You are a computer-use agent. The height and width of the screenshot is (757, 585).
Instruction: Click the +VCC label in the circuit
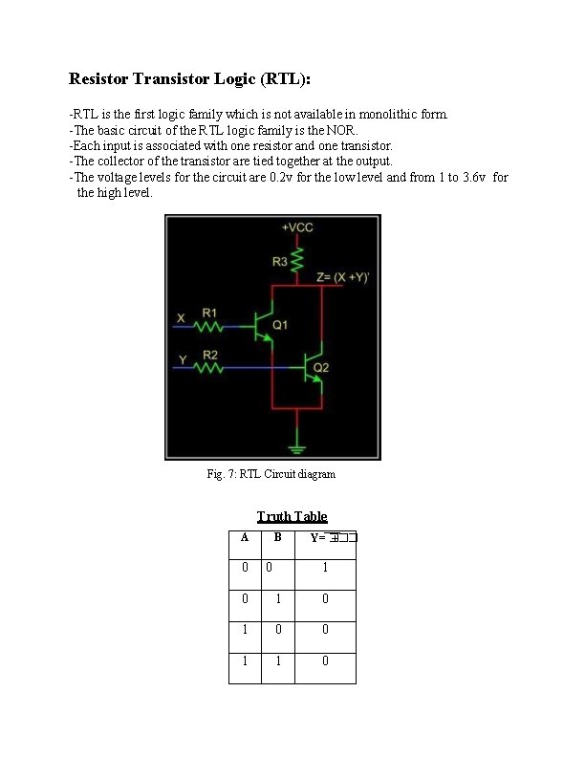click(x=297, y=227)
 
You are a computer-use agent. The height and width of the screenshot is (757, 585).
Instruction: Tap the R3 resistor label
click(x=279, y=260)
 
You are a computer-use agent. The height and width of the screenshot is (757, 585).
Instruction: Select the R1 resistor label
click(x=209, y=313)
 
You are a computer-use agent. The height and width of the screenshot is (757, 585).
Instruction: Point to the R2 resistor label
click(x=209, y=355)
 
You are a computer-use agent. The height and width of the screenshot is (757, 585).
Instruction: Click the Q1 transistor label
click(x=280, y=325)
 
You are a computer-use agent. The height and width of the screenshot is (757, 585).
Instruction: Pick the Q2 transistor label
click(x=321, y=367)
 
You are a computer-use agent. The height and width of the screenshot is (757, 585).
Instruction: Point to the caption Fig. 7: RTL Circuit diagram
click(x=271, y=474)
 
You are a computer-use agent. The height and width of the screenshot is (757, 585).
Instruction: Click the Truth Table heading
click(x=292, y=517)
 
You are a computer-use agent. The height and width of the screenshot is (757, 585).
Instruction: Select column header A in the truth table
click(x=245, y=537)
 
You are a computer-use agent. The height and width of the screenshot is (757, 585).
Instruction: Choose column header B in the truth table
click(x=277, y=537)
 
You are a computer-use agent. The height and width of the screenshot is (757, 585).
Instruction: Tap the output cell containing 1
click(x=325, y=568)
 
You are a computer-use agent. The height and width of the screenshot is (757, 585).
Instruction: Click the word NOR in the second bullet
click(x=342, y=130)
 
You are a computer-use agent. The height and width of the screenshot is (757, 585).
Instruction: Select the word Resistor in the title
click(x=102, y=77)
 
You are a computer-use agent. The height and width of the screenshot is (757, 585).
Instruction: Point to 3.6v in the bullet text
click(x=475, y=177)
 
